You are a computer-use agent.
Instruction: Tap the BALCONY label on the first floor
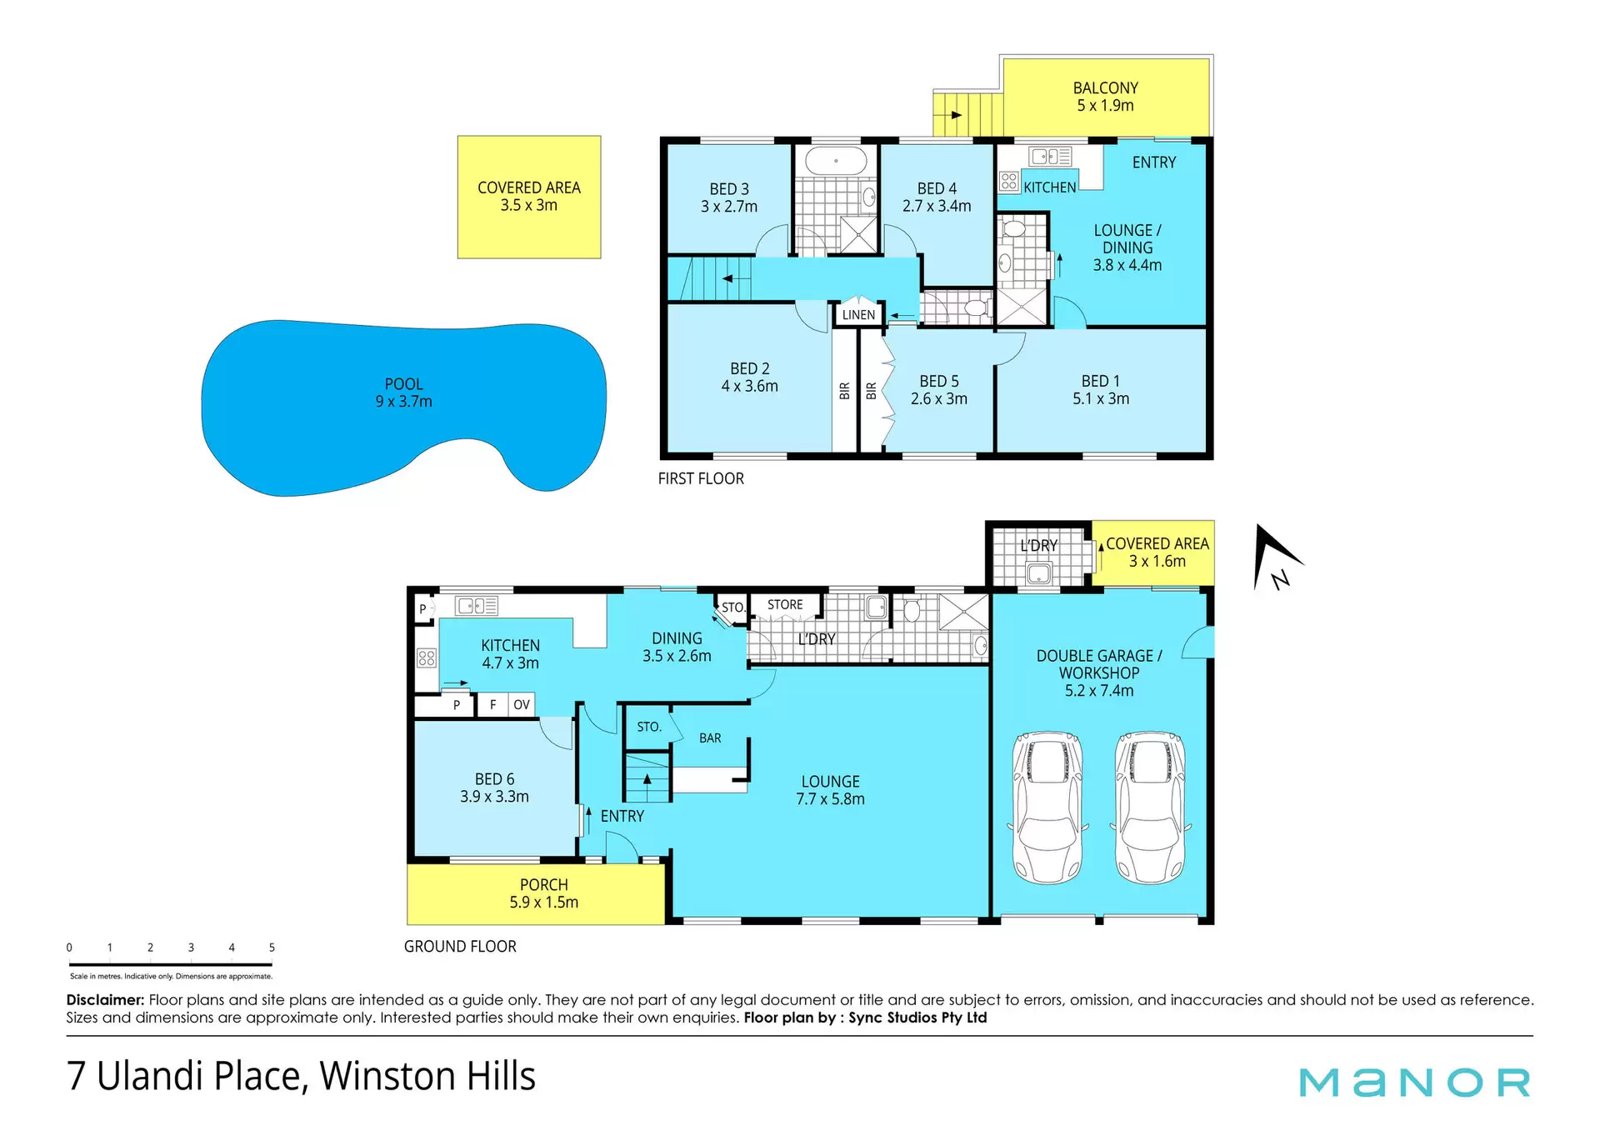click(1105, 88)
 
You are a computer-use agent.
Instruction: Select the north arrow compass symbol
click(1276, 557)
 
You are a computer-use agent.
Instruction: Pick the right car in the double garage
click(1150, 807)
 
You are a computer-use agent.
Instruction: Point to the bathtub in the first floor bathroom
click(836, 161)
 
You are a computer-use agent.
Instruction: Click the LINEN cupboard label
click(858, 315)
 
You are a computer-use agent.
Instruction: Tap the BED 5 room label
click(939, 381)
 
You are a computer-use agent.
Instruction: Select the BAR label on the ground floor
click(710, 738)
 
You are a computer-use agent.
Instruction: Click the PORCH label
click(543, 884)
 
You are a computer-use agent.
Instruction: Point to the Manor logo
click(1415, 1083)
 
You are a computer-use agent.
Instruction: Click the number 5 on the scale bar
click(272, 948)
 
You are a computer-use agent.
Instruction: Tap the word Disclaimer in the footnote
click(105, 999)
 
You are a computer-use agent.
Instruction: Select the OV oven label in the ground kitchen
click(522, 705)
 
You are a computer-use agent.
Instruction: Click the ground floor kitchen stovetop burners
click(427, 658)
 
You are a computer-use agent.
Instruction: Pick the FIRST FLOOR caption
click(701, 478)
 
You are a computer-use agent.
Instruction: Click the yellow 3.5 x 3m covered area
click(529, 198)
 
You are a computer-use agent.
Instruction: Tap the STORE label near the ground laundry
click(785, 605)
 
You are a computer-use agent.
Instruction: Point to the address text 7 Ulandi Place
click(187, 1076)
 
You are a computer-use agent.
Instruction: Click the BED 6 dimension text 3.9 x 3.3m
click(494, 797)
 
